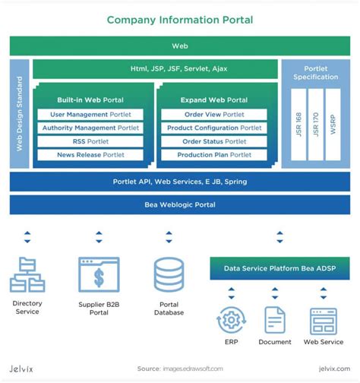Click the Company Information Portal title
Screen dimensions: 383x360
(x=180, y=19)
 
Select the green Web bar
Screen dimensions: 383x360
(x=180, y=46)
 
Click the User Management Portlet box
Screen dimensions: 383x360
(x=90, y=115)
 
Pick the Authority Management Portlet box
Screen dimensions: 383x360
(x=90, y=128)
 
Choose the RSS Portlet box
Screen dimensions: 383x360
(x=90, y=141)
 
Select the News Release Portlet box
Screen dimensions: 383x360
(x=90, y=155)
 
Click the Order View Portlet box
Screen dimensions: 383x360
(x=213, y=115)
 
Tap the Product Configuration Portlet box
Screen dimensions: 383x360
(x=213, y=128)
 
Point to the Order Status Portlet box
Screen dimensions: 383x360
(x=213, y=141)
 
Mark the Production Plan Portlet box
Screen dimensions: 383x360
(x=213, y=155)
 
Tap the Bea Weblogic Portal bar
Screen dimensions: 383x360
(x=180, y=205)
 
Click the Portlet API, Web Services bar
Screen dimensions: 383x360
(x=180, y=182)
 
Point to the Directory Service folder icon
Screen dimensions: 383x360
(x=27, y=275)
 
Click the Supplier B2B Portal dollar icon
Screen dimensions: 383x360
(x=99, y=275)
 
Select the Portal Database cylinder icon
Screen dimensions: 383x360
(x=169, y=275)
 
